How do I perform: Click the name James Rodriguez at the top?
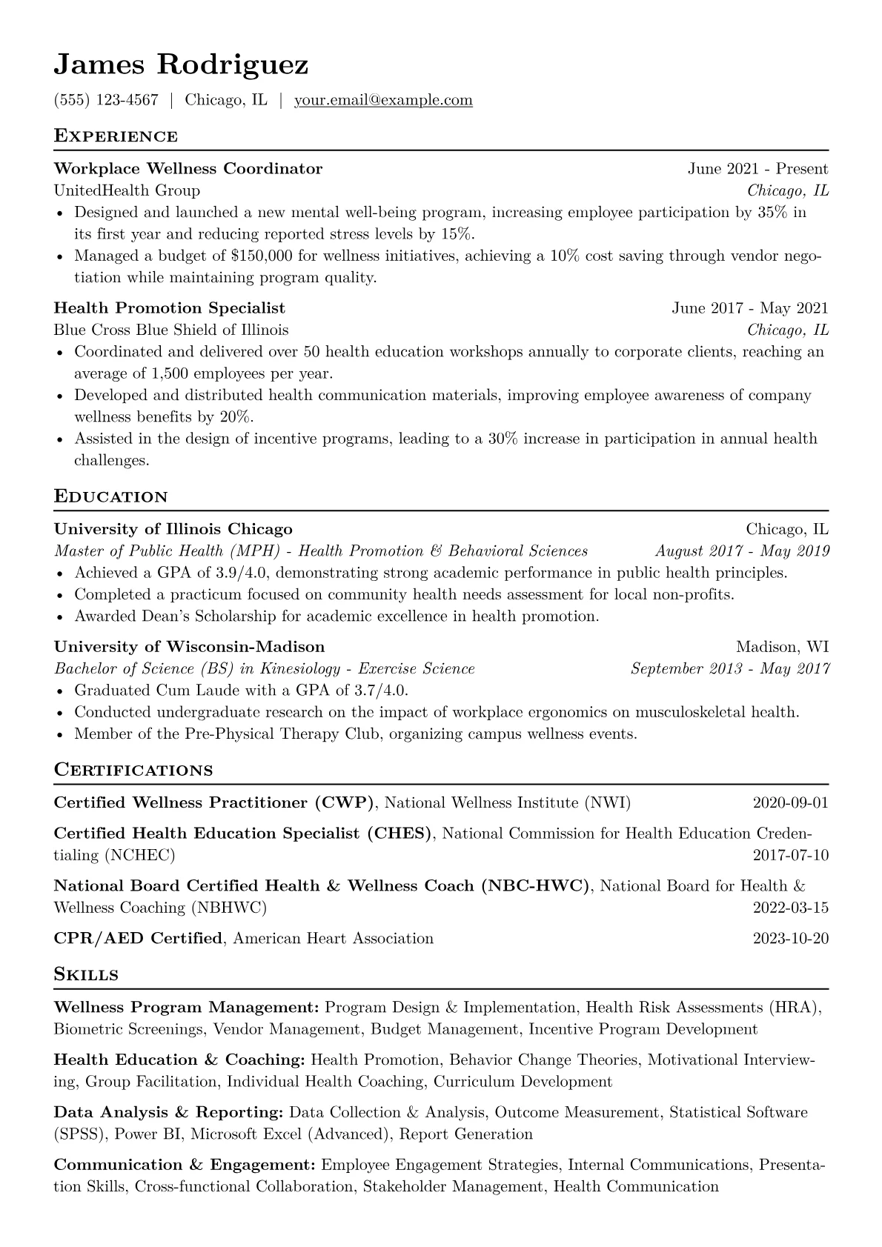coord(181,65)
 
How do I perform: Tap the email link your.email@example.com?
coord(383,100)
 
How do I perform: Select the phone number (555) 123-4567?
coord(106,100)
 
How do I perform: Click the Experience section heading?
coord(116,136)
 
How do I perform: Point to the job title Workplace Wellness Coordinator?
coord(188,169)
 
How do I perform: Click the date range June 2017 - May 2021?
coord(749,308)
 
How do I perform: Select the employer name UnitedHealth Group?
coord(127,191)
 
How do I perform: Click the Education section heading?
coord(111,496)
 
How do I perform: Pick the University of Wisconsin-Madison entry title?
coord(189,647)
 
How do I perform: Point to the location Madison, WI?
coord(782,647)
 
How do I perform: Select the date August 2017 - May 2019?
coord(742,551)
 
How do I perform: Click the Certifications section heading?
coord(133,771)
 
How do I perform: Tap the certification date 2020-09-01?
coord(790,803)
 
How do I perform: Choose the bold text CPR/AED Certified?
coord(138,939)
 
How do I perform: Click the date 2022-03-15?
coord(790,908)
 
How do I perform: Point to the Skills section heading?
coord(86,975)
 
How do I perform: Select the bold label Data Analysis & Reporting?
coord(169,1113)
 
